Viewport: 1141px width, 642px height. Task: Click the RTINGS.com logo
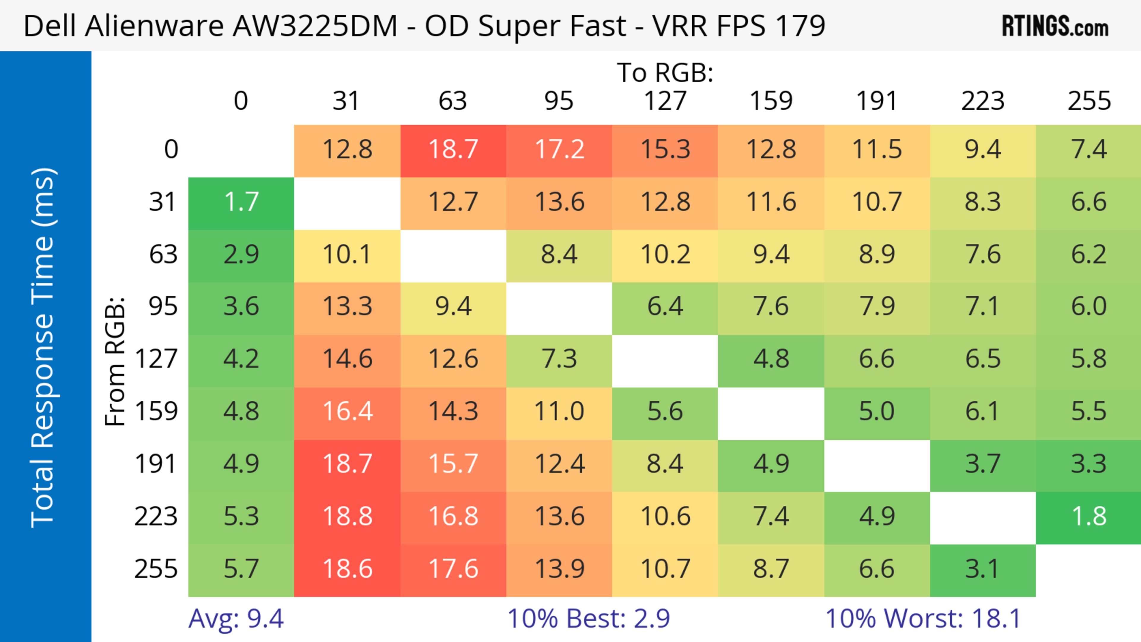tap(1055, 26)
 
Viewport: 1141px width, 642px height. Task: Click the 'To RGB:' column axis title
tap(665, 72)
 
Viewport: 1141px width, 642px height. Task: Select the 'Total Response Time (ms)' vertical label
tap(43, 348)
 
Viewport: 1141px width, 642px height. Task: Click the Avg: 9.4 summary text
tap(236, 619)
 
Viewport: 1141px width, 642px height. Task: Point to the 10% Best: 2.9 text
tap(588, 619)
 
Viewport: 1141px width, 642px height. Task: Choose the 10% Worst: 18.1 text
tap(923, 619)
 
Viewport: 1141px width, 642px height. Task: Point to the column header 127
tap(665, 101)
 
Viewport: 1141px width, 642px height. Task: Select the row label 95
tap(163, 306)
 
